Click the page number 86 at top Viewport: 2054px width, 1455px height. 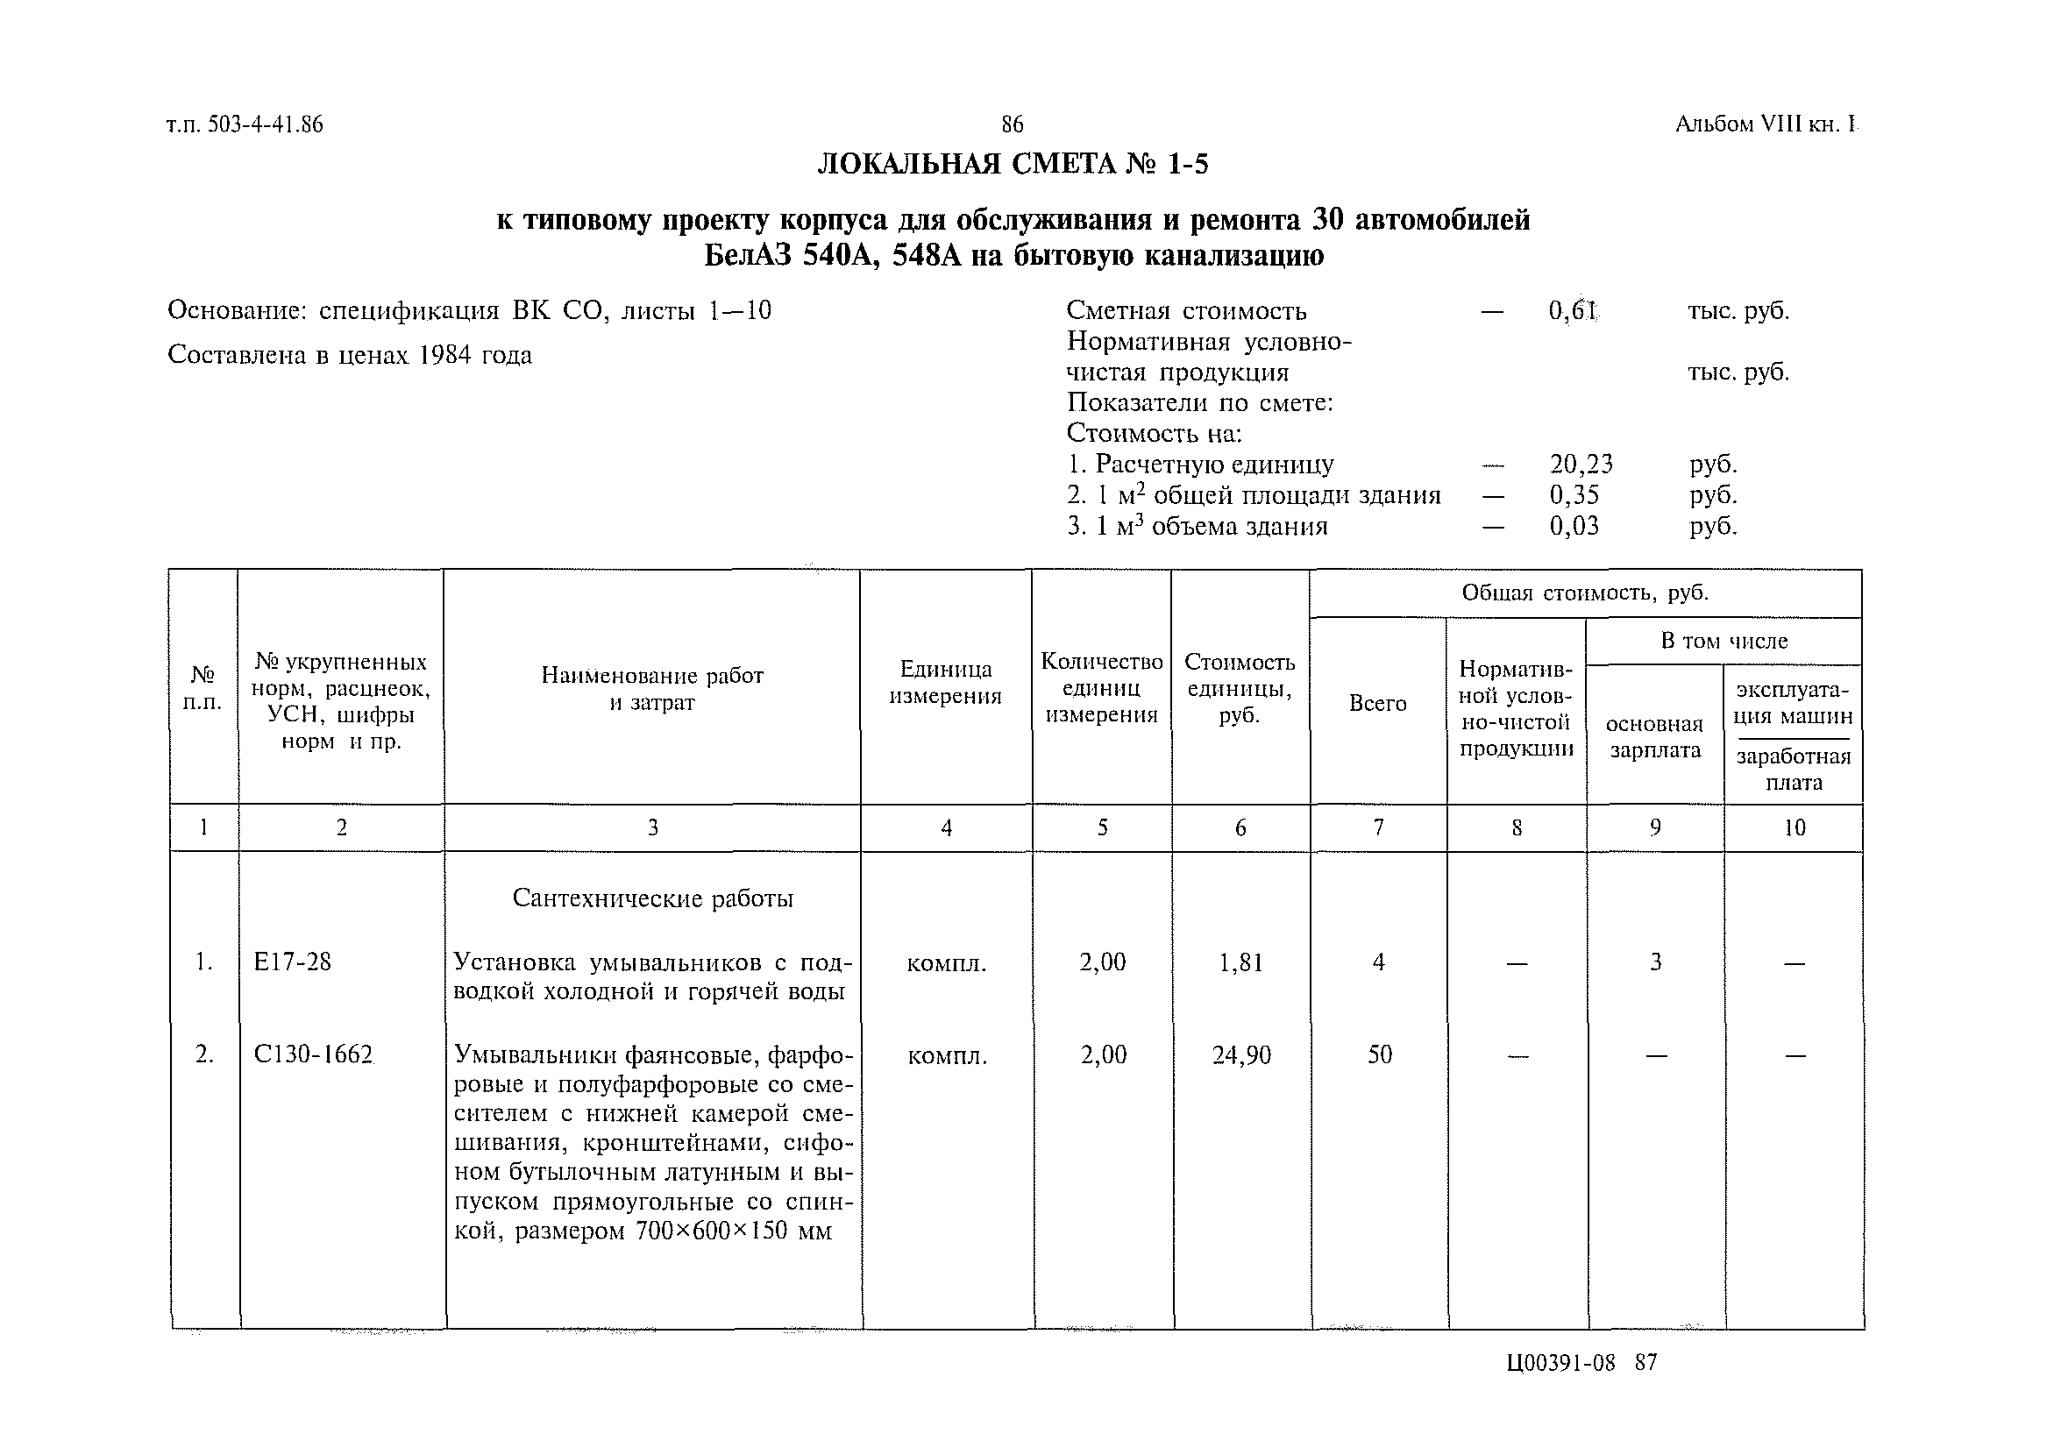click(x=1012, y=124)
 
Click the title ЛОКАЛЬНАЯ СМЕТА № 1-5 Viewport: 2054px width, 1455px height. click(x=1013, y=165)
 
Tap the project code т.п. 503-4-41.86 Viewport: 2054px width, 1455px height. click(x=245, y=124)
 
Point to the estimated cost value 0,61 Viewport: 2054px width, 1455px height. click(x=1573, y=311)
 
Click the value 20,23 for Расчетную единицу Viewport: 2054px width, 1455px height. click(x=1581, y=464)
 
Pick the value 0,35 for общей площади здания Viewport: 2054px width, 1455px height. click(x=1574, y=494)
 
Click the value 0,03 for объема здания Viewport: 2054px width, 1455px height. click(x=1574, y=526)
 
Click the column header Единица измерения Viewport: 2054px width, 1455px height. click(x=944, y=683)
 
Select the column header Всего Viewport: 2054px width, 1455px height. click(x=1377, y=703)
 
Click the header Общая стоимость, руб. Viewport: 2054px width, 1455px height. click(x=1584, y=593)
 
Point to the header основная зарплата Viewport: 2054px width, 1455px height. click(x=1654, y=736)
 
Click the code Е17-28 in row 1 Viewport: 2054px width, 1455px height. click(x=292, y=962)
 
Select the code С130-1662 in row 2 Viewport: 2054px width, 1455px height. click(x=313, y=1054)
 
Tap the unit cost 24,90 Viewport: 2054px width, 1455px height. click(x=1241, y=1055)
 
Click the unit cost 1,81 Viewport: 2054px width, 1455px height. click(x=1241, y=963)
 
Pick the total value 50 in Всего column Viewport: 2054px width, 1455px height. click(x=1379, y=1055)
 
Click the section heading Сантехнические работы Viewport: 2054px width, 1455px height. click(x=652, y=898)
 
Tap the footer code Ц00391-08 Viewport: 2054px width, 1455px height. click(x=1561, y=1363)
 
